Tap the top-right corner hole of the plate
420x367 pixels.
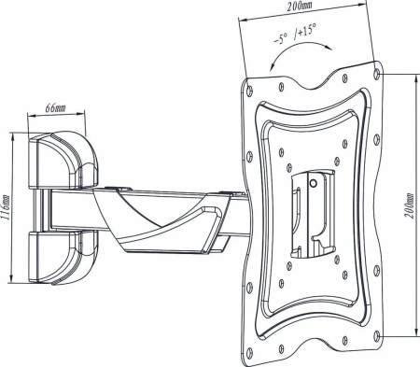pyautogui.click(x=376, y=73)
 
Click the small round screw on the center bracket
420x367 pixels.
pyautogui.click(x=314, y=183)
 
